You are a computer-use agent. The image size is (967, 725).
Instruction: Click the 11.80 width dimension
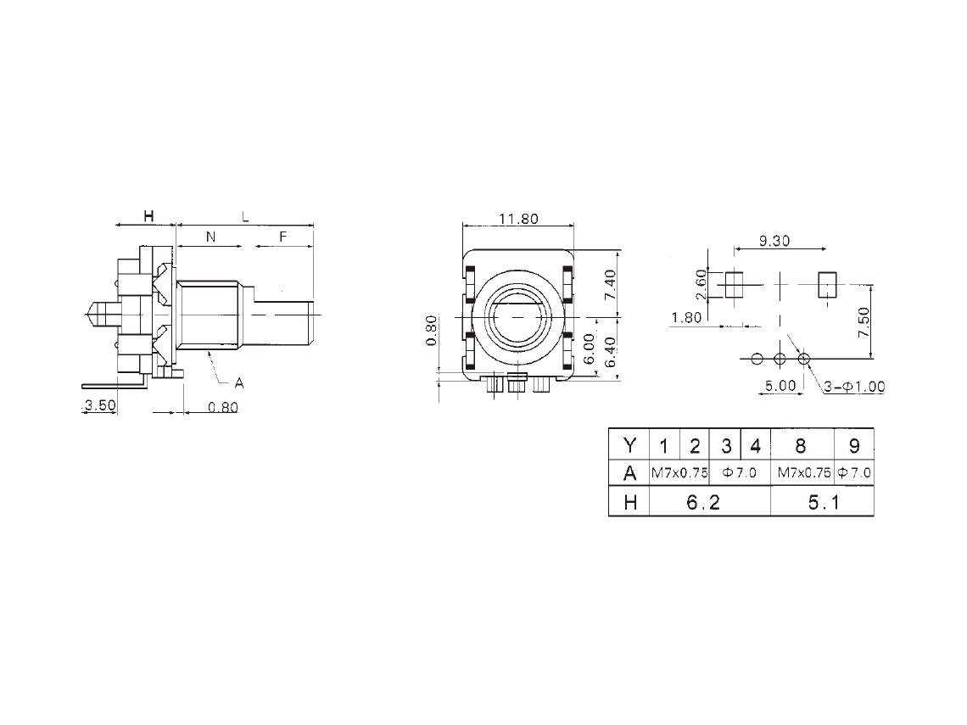(518, 219)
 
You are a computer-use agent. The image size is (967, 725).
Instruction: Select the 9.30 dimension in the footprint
(774, 241)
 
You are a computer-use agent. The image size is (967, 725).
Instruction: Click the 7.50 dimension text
(864, 322)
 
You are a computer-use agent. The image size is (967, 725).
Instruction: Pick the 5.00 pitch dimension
(780, 386)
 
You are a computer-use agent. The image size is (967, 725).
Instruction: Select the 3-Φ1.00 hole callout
(855, 387)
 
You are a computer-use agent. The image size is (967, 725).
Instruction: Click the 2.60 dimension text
(701, 284)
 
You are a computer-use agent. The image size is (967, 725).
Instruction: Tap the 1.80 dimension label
(685, 317)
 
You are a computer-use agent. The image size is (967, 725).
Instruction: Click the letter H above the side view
(148, 215)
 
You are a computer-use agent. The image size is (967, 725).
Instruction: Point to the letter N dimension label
(211, 237)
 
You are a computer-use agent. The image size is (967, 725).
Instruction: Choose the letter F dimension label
(283, 237)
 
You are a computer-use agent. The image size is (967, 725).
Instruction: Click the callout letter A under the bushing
(239, 383)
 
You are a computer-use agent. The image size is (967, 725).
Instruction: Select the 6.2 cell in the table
(704, 503)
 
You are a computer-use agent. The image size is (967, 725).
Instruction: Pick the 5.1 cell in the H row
(824, 503)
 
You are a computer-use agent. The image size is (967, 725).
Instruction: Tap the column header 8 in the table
(801, 446)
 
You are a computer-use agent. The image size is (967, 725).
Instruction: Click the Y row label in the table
(629, 445)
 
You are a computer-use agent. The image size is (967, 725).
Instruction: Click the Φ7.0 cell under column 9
(854, 473)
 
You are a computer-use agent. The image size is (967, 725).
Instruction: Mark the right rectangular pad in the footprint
(827, 284)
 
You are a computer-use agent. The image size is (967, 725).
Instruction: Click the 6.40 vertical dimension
(610, 351)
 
